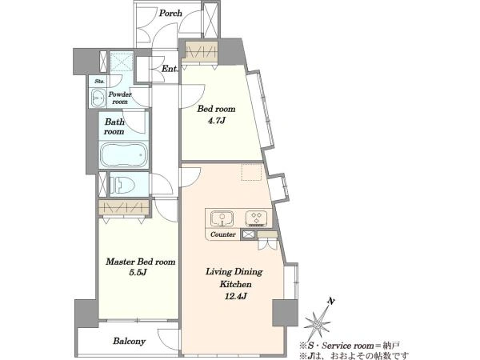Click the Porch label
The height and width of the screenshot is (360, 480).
[x=170, y=13]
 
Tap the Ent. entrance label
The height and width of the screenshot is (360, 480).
[x=170, y=69]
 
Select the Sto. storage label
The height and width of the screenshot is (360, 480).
[x=99, y=81]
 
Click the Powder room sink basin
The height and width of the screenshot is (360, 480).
[x=98, y=98]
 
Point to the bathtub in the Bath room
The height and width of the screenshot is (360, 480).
[x=124, y=155]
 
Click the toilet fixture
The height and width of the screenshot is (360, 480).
[x=122, y=185]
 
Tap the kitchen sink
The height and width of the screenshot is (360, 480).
[x=222, y=218]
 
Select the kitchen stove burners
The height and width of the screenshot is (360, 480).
[x=256, y=218]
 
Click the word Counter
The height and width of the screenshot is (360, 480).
[x=223, y=234]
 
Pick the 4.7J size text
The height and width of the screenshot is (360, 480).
[x=217, y=121]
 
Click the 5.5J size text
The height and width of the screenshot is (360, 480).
[x=138, y=272]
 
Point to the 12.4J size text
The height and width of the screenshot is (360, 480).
[x=235, y=296]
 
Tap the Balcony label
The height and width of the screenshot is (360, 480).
[x=129, y=341]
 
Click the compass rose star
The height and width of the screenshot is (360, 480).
[x=318, y=323]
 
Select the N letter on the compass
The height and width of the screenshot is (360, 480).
[x=330, y=302]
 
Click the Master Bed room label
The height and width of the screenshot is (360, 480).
[x=141, y=262]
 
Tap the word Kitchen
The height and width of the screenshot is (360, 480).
[x=235, y=284]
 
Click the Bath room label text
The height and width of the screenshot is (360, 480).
[x=114, y=126]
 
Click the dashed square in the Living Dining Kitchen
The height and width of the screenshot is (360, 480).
[x=251, y=172]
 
